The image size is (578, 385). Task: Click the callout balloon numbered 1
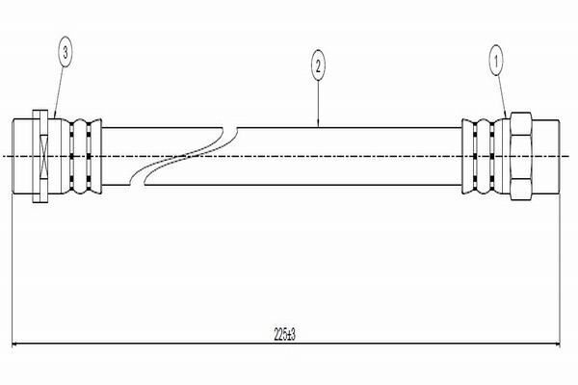point(498,61)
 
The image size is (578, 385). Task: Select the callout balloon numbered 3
point(66,55)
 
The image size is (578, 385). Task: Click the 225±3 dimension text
point(286,336)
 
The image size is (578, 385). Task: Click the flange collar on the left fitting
point(39,155)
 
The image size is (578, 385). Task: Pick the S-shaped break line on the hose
point(183,154)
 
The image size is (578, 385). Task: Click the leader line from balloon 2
point(319,101)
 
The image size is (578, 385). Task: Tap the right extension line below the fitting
point(563,269)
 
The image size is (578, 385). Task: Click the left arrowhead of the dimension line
point(17,345)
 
